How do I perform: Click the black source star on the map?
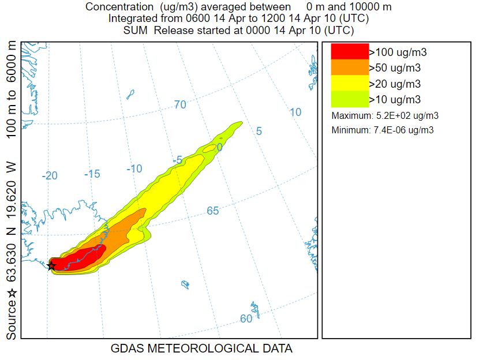pos(51,266)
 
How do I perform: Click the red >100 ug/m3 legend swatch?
pos(349,52)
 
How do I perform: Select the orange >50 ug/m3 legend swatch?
pos(349,67)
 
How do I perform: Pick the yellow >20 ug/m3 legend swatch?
pos(349,83)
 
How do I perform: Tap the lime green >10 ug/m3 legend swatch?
pos(349,99)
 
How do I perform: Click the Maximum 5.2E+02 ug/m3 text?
pos(385,115)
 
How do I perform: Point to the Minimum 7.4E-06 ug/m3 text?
pos(383,130)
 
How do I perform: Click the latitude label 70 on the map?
pos(180,104)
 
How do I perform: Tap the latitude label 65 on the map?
pos(213,211)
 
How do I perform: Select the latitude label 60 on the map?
pos(246,319)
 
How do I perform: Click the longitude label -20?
pos(50,175)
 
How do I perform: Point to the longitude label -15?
pos(92,174)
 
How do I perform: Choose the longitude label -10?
pos(134,168)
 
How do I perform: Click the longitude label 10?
pos(295,112)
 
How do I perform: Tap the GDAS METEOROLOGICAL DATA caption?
pos(201,348)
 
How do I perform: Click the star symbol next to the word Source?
pos(12,293)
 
